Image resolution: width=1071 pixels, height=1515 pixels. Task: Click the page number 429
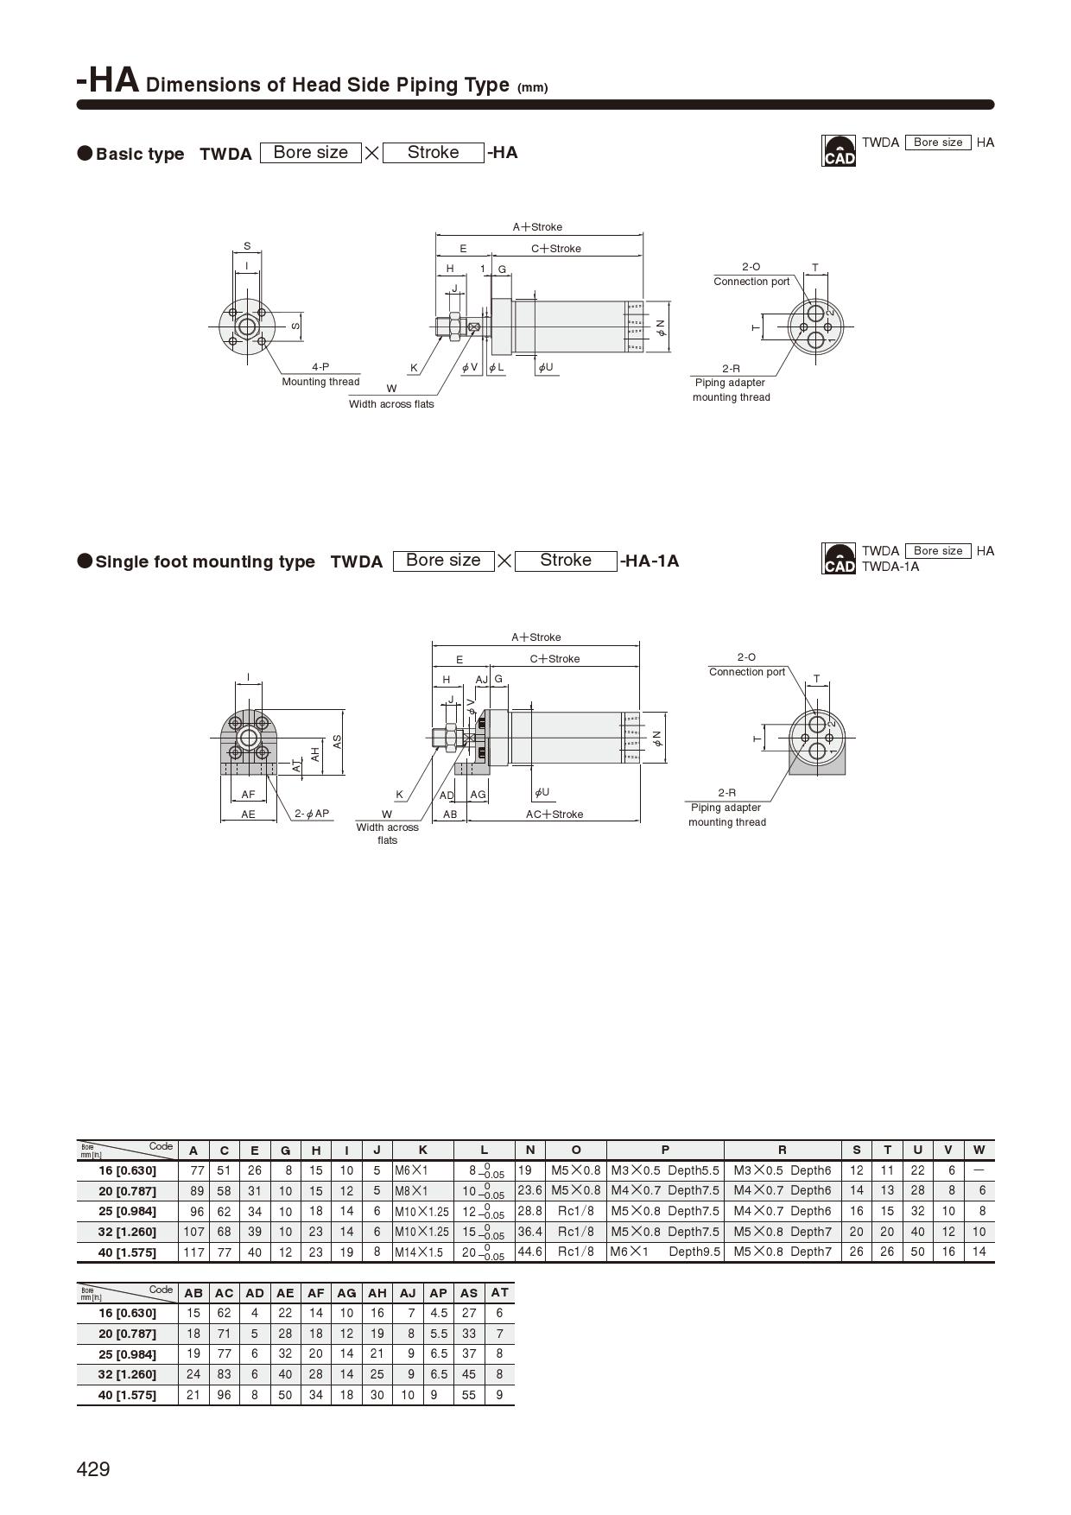coord(93,1469)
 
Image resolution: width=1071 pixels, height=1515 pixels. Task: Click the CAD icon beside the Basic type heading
coord(838,150)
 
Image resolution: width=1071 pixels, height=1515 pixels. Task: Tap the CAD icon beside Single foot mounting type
coord(838,559)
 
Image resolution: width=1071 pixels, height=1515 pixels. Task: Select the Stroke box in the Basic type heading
coord(433,153)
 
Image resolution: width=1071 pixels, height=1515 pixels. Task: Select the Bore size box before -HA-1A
coord(443,561)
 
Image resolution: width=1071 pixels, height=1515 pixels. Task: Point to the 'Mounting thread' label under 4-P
coord(320,382)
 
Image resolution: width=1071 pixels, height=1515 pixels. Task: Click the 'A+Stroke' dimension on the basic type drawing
coord(537,227)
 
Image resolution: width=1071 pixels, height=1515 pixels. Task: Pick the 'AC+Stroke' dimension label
coord(555,815)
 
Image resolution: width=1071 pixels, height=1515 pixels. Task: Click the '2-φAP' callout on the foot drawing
coord(312,814)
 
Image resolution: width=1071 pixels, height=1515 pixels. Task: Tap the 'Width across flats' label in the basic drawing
coord(391,404)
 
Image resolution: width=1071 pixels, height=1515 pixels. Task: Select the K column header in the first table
coord(423,1150)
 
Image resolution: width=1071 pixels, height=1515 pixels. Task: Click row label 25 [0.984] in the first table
coord(127,1211)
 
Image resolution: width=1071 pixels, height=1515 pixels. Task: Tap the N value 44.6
coord(529,1252)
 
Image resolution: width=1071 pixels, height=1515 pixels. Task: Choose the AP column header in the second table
coord(439,1293)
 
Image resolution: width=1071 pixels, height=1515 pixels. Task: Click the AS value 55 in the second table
coord(469,1395)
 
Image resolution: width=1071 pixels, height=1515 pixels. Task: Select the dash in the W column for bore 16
coord(979,1170)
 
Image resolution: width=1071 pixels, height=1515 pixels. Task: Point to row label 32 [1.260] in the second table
coord(127,1374)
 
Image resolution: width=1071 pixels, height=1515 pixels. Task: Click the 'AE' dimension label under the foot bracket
coord(249,815)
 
